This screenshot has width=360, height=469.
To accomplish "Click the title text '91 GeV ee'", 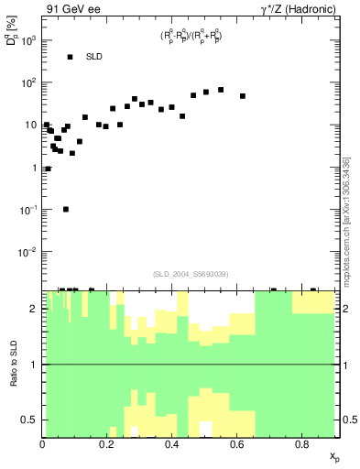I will tap(71, 9).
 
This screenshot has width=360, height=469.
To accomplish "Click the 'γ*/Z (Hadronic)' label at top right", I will tap(297, 9).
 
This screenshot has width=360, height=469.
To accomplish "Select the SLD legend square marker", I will tap(70, 57).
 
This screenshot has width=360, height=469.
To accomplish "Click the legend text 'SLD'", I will tap(94, 57).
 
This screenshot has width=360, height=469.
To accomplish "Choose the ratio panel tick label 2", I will tap(33, 309).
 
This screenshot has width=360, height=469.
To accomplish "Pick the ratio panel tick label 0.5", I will tap(29, 420).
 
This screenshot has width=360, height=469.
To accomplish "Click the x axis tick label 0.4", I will tap(172, 445).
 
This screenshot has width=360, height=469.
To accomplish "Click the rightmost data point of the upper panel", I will tap(243, 96).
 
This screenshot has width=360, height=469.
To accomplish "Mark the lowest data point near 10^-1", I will tap(66, 209).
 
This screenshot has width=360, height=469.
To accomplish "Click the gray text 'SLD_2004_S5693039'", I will tap(191, 274).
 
